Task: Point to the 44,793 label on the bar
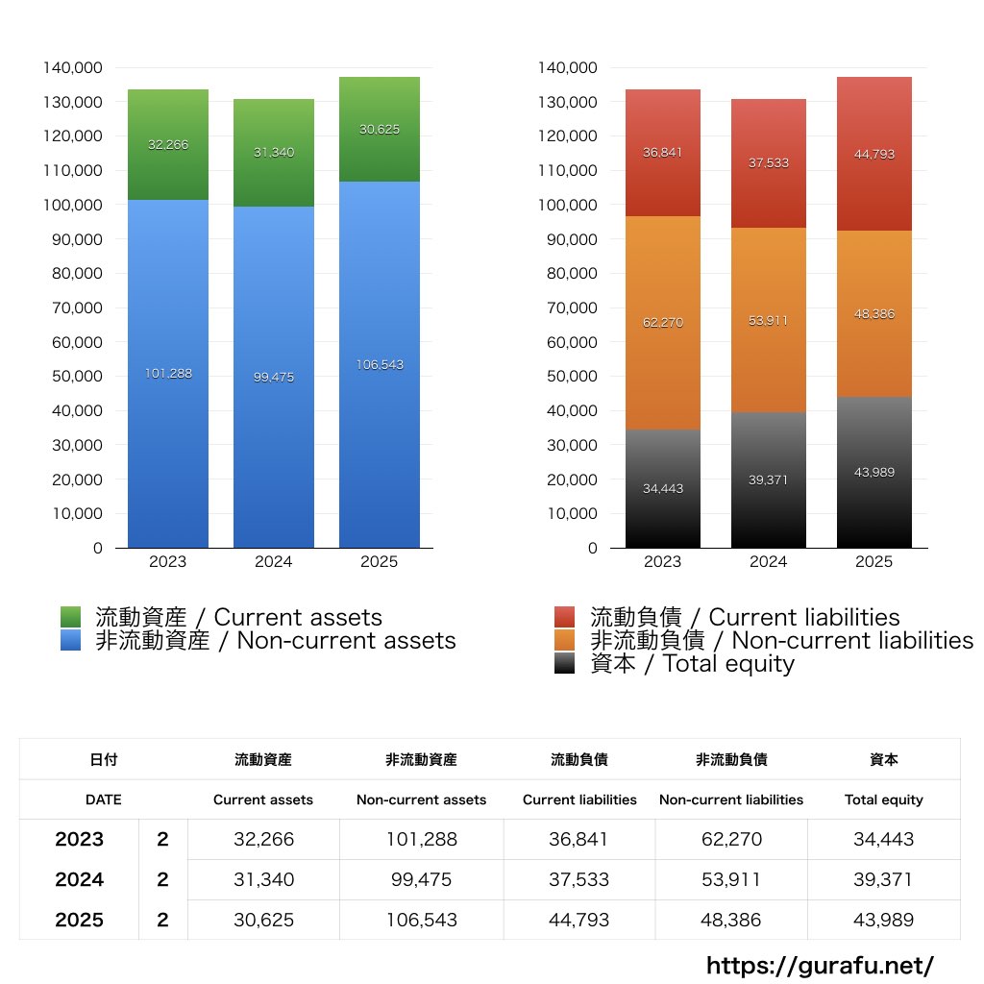[x=873, y=154]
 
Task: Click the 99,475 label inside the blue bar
[x=274, y=378]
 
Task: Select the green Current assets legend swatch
[x=71, y=617]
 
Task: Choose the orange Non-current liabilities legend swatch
[x=565, y=640]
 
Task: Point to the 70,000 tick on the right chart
[x=571, y=307]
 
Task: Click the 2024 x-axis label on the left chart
[x=274, y=562]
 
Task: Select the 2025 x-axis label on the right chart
[x=873, y=562]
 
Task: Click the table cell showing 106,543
[x=421, y=920]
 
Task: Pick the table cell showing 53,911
[x=731, y=879]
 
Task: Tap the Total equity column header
[x=883, y=799]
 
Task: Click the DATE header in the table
[x=103, y=799]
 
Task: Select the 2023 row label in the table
[x=79, y=839]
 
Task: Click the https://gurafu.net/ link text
[x=820, y=965]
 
